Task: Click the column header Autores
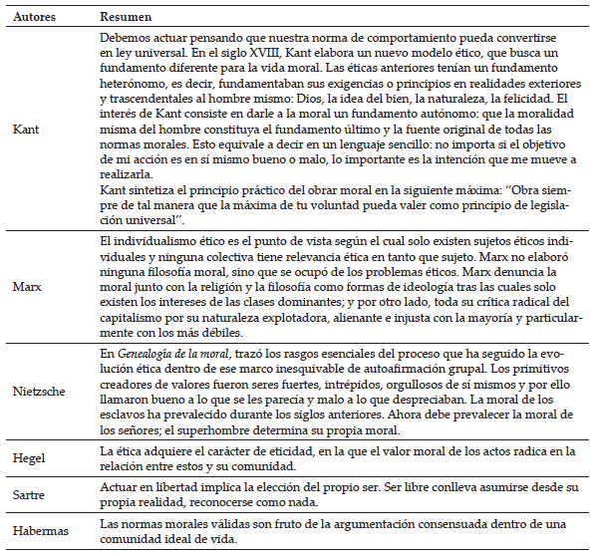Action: tap(34, 18)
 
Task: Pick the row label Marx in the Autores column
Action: tap(25, 287)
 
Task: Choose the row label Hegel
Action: tap(28, 458)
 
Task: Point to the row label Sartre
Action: tap(28, 493)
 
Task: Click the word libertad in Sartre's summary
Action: tap(157, 485)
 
